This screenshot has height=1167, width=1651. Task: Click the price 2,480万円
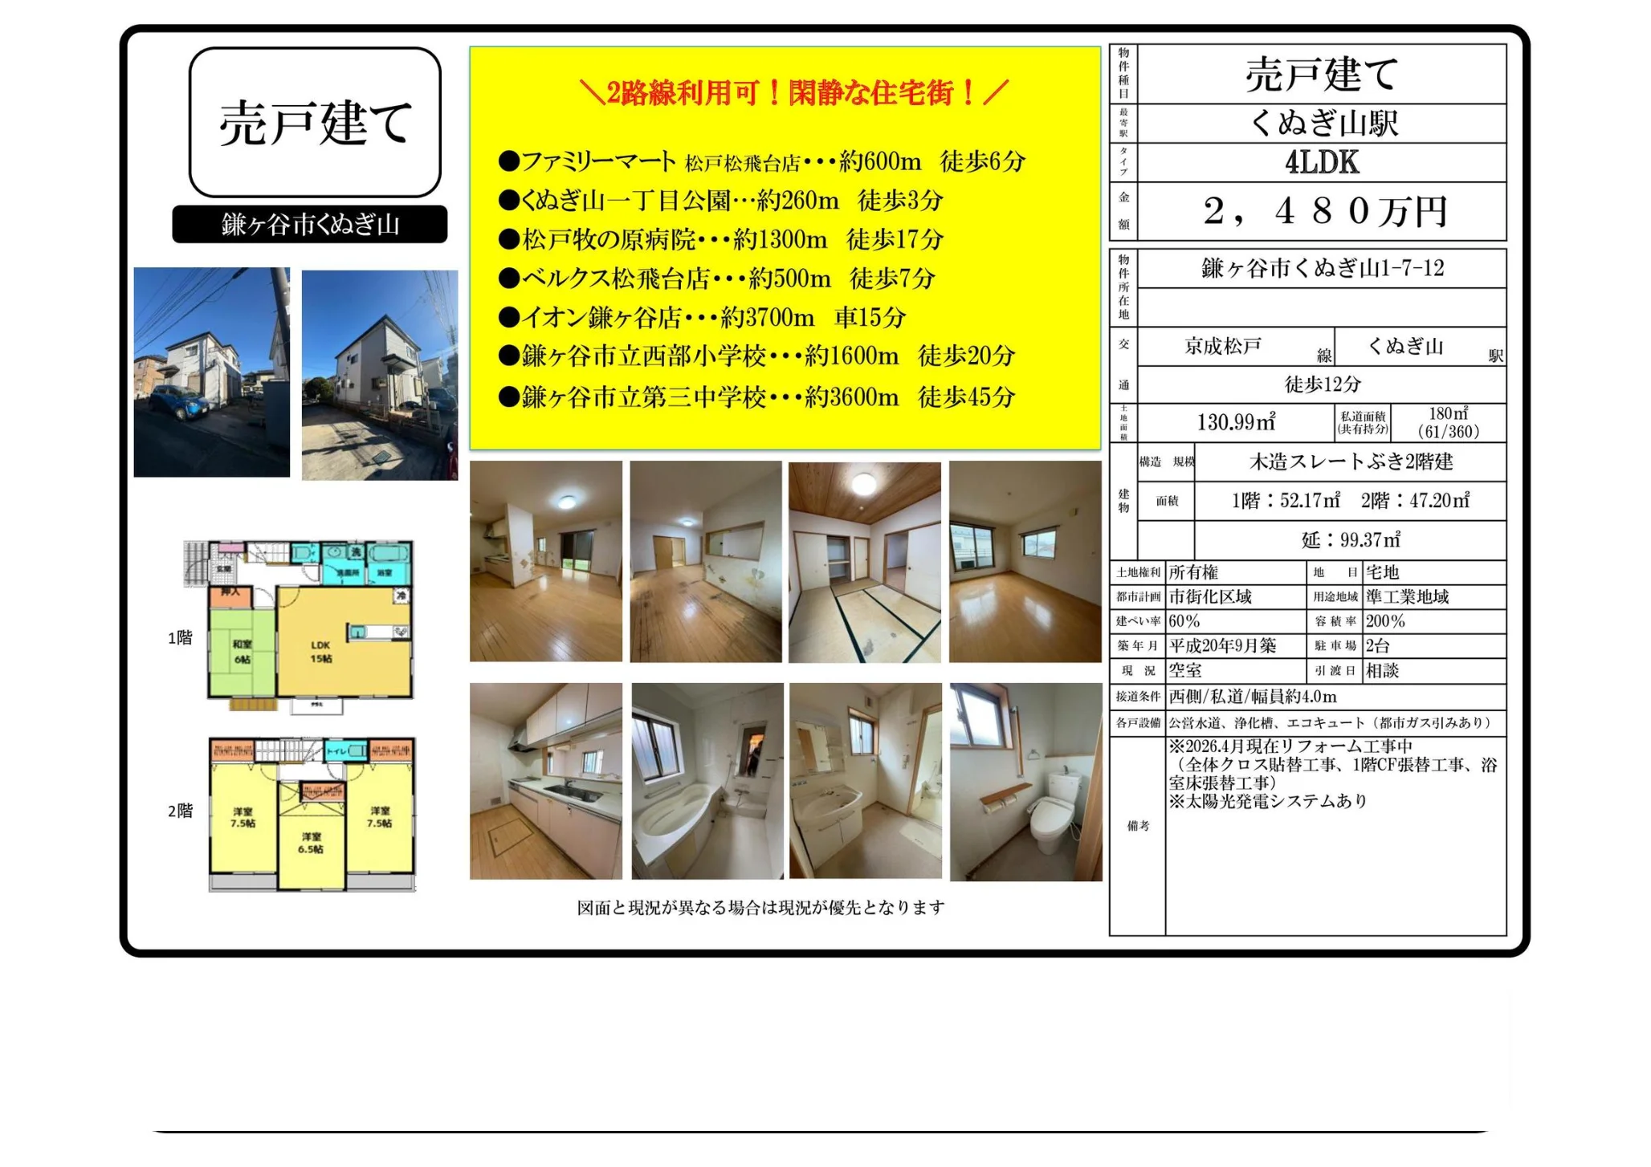[1323, 211]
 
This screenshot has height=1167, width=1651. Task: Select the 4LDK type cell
[1322, 163]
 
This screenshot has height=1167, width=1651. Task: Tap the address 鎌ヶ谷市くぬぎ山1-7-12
[1322, 268]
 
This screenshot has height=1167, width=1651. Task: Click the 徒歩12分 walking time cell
[1322, 384]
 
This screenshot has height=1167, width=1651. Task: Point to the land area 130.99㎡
[1236, 422]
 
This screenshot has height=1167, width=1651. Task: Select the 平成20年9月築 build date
[1222, 645]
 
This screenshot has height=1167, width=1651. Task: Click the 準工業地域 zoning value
[1407, 596]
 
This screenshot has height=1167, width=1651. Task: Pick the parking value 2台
[1377, 645]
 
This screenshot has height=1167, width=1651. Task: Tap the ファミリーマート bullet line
[761, 162]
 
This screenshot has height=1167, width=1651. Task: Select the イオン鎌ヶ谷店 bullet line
[702, 318]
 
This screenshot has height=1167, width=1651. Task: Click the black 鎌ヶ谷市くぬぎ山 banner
[310, 225]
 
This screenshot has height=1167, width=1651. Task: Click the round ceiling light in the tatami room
[864, 484]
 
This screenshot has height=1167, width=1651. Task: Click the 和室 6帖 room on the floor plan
[242, 652]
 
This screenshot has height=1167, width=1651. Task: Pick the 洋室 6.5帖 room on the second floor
[311, 843]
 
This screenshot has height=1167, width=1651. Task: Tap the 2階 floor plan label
[180, 811]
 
